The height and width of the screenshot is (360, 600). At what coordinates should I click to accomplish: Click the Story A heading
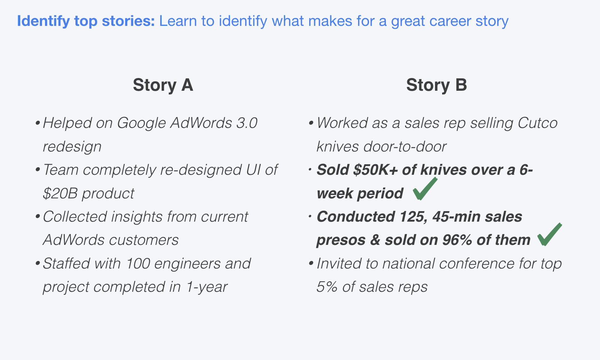pos(163,85)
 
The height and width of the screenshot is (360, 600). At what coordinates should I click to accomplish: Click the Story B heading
pos(436,85)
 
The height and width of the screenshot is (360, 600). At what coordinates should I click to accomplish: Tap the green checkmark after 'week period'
pos(425,189)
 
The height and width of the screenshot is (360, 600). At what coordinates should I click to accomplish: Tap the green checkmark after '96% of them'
pos(550,235)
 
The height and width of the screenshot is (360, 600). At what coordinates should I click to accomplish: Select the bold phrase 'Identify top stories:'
pos(86,21)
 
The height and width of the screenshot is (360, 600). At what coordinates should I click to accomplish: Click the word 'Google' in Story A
pos(141,123)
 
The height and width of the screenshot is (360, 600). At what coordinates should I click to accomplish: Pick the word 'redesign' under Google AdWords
pos(72,147)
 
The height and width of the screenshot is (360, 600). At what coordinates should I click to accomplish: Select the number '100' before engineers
pos(138,264)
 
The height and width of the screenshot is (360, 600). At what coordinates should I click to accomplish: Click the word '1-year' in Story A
pos(207,287)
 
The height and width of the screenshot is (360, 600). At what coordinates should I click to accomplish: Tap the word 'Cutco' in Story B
pos(537,123)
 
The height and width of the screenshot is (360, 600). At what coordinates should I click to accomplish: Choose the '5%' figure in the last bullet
pos(327,287)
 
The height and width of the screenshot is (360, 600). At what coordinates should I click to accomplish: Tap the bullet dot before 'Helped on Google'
pos(37,123)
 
